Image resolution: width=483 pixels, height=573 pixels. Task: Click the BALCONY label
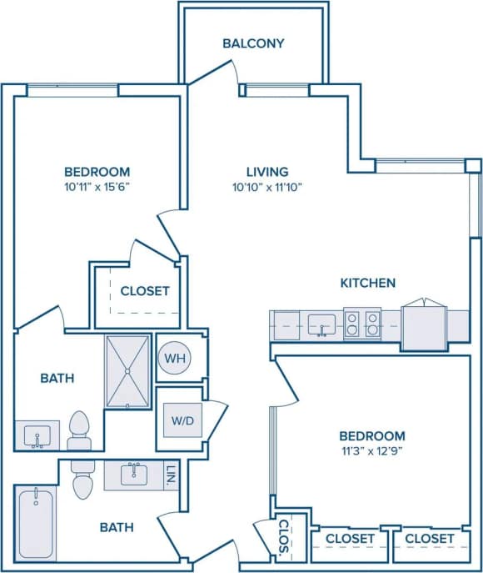pyautogui.click(x=253, y=43)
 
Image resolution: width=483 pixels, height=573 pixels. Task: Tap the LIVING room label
pyautogui.click(x=267, y=172)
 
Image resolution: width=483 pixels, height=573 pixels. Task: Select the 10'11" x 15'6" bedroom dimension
pyautogui.click(x=97, y=187)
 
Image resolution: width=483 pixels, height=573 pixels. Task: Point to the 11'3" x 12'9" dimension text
pyautogui.click(x=371, y=451)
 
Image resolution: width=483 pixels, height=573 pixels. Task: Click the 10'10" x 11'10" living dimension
pyautogui.click(x=267, y=187)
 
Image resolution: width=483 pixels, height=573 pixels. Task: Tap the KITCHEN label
pyautogui.click(x=367, y=283)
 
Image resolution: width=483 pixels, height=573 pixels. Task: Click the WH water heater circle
pyautogui.click(x=174, y=358)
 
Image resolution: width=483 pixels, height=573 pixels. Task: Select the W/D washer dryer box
pyautogui.click(x=182, y=420)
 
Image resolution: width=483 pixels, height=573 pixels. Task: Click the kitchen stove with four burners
pyautogui.click(x=362, y=324)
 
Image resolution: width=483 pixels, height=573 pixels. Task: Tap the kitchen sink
pyautogui.click(x=321, y=324)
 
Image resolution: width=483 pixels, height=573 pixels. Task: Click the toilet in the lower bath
pyautogui.click(x=82, y=479)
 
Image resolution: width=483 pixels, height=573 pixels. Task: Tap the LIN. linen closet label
pyautogui.click(x=170, y=475)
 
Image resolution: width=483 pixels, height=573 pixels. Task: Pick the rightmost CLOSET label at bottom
pyautogui.click(x=430, y=539)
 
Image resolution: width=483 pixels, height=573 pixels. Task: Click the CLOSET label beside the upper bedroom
pyautogui.click(x=145, y=291)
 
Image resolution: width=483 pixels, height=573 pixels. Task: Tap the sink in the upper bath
pyautogui.click(x=37, y=435)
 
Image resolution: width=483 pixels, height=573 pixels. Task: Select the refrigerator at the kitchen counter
pyautogui.click(x=424, y=324)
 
